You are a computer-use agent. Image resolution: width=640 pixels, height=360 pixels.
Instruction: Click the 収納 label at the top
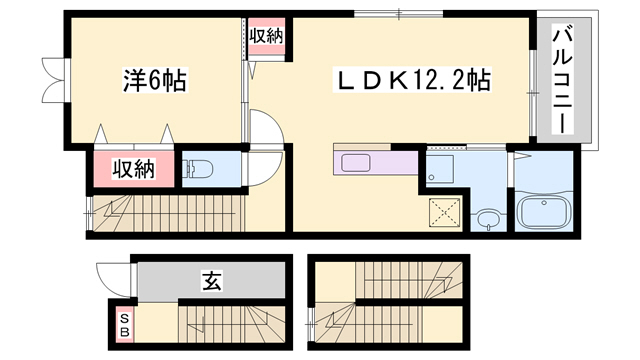tap(267, 36)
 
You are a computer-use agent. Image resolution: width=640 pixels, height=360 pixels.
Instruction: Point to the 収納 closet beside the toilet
tap(133, 169)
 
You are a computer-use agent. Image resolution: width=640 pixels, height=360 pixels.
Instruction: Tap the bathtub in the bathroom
tap(543, 211)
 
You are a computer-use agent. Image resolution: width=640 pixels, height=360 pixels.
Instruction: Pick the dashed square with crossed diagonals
tap(441, 211)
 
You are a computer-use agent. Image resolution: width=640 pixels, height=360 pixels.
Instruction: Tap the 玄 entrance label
tap(212, 281)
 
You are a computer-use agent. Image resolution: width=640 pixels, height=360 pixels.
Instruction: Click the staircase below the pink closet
tap(165, 213)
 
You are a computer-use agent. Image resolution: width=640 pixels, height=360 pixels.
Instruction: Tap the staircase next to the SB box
tap(230, 323)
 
